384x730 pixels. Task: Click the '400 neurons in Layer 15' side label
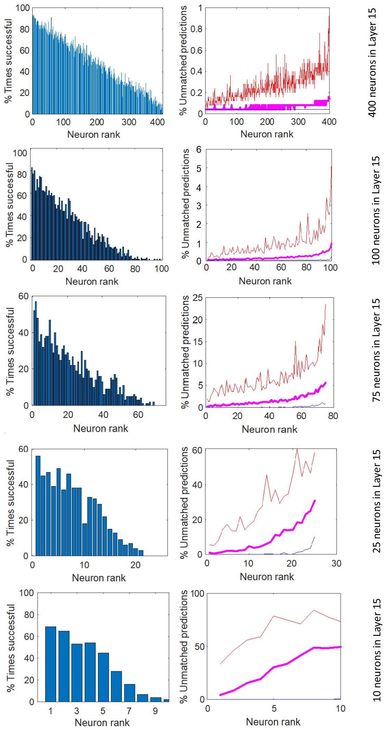[372, 62]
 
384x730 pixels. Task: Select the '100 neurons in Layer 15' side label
[376, 210]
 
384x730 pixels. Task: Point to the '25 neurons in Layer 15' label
[376, 501]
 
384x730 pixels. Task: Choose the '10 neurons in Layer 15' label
[376, 650]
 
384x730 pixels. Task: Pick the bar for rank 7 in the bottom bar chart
[129, 693]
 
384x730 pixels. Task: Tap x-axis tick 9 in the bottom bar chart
[156, 711]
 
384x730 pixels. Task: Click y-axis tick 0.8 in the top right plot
[196, 29]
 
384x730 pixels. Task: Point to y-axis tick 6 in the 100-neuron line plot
[199, 149]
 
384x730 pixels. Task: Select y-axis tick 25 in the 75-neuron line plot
[197, 297]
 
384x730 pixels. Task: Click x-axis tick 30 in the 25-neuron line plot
[336, 564]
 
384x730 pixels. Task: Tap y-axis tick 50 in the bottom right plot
[199, 646]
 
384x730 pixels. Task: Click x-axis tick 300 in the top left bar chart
[129, 122]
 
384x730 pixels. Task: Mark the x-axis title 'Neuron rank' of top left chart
[94, 134]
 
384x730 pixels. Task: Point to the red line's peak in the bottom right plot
[314, 610]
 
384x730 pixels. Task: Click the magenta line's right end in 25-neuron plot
[314, 501]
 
